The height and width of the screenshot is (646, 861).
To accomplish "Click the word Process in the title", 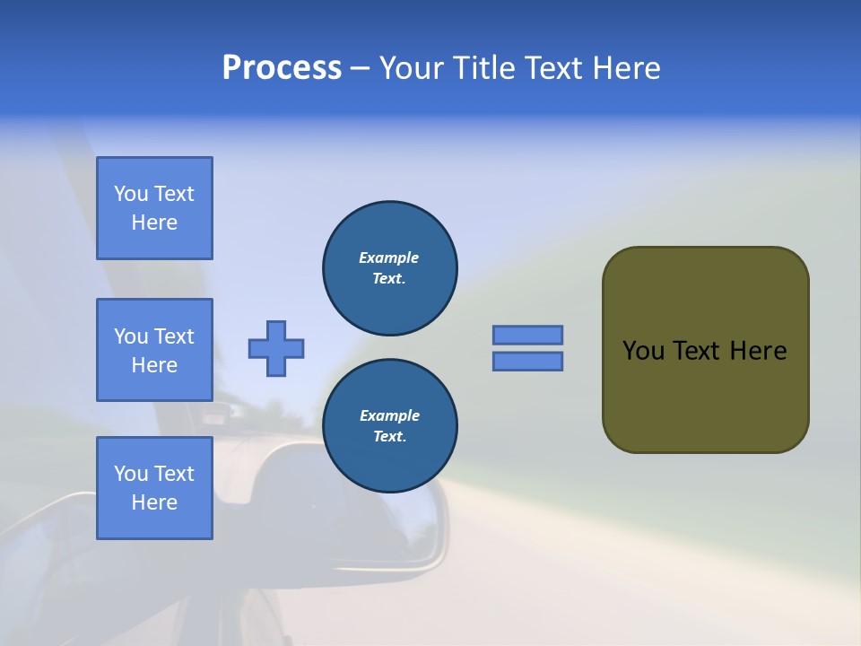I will (x=282, y=67).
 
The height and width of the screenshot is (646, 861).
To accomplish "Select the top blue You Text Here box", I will (x=154, y=208).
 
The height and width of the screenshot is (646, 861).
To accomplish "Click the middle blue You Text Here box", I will (x=154, y=350).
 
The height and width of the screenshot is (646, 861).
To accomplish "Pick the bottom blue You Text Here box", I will (x=154, y=488).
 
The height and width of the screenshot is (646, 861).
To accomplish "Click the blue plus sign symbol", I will (x=276, y=348).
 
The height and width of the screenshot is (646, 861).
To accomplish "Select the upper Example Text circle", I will (x=389, y=268).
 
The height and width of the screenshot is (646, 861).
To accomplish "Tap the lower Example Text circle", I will (x=389, y=426).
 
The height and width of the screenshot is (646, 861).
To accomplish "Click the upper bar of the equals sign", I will (x=527, y=335).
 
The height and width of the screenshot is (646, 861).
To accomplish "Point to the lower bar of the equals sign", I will (x=527, y=361).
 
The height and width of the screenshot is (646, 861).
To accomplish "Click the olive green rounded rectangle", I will (x=705, y=395).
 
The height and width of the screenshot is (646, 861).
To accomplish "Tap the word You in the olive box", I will (x=643, y=351).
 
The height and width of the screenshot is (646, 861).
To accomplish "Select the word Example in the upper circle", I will (x=389, y=258).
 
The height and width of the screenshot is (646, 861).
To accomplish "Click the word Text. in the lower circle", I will (x=389, y=437).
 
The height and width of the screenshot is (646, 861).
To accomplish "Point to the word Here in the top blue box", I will (x=154, y=223).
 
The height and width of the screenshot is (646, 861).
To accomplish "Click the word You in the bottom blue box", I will (x=131, y=474).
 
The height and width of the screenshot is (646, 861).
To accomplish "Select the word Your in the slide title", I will (x=409, y=68).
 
